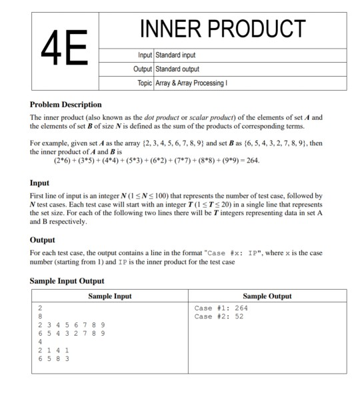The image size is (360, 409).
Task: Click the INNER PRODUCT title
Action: pyautogui.click(x=223, y=29)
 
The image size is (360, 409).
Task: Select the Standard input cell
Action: pyautogui.click(x=176, y=55)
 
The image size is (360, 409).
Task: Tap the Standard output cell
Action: pyautogui.click(x=177, y=69)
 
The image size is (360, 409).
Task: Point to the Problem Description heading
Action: pyautogui.click(x=66, y=105)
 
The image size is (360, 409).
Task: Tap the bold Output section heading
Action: pyautogui.click(x=43, y=239)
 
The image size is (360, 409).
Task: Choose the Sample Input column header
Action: pyautogui.click(x=110, y=296)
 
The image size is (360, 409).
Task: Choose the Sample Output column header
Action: pyautogui.click(x=267, y=296)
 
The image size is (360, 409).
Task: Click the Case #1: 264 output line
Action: pyautogui.click(x=221, y=308)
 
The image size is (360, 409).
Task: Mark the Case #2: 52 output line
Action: pyautogui.click(x=219, y=316)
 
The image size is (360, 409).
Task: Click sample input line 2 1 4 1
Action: pyautogui.click(x=53, y=349)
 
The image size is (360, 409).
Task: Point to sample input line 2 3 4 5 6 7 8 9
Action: pyautogui.click(x=70, y=324)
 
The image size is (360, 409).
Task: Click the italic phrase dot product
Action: pyautogui.click(x=163, y=117)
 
